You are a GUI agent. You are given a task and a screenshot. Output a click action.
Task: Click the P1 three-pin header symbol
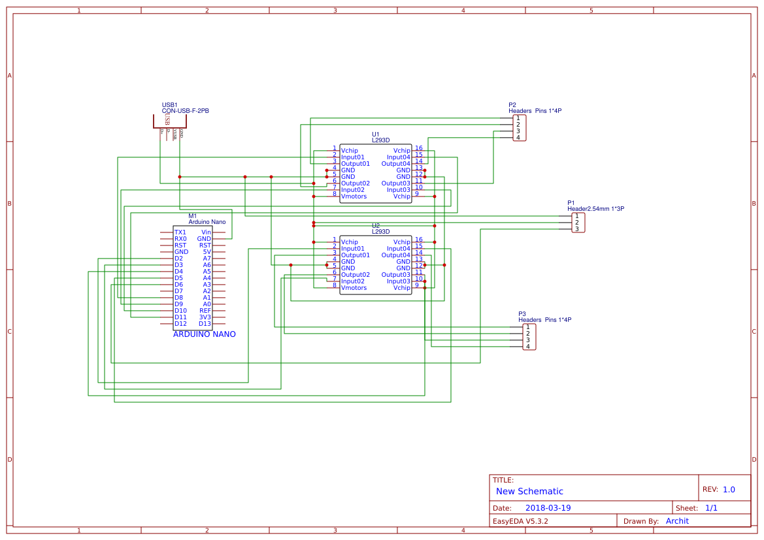[x=578, y=223]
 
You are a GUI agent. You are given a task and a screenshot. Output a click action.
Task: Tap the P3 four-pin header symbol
[x=529, y=337]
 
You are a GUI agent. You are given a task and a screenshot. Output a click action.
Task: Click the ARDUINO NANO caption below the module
[x=204, y=334]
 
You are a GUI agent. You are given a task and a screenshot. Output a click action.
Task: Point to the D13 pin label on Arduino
[x=205, y=324]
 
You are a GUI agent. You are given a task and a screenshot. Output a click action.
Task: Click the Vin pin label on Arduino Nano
[x=207, y=232]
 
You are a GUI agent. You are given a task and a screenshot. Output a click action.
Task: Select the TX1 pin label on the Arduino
[x=180, y=232]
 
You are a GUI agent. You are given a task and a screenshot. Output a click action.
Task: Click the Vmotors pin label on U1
[x=354, y=197]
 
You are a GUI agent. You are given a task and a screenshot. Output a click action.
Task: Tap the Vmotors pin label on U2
[x=354, y=288]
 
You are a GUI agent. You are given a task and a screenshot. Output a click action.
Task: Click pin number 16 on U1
[x=419, y=148]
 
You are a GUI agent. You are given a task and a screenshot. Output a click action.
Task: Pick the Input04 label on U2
[x=398, y=249]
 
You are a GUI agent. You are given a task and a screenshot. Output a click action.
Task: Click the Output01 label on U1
[x=355, y=164]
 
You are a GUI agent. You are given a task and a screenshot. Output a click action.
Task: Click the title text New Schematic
[x=529, y=492]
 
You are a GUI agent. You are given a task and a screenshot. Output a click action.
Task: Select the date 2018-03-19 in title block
[x=548, y=508]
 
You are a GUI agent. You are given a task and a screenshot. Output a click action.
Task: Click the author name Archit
[x=677, y=521]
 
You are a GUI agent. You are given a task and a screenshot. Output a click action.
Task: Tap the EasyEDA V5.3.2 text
[x=520, y=521]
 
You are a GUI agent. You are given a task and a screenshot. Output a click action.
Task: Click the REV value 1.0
[x=729, y=490]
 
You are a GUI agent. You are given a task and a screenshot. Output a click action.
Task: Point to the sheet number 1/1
[x=712, y=508]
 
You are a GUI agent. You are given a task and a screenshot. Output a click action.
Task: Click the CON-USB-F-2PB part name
[x=185, y=111]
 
